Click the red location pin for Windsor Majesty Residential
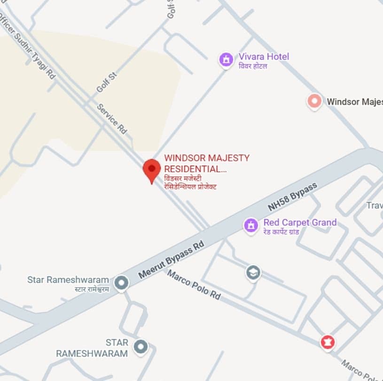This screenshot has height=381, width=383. pos(151,169)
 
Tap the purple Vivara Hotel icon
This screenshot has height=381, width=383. pos(227,60)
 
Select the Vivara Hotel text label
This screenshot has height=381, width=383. pos(264,56)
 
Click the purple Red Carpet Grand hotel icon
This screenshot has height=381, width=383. pos(251,225)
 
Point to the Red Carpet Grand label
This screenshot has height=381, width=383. pos(300,222)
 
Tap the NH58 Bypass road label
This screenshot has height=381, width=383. pos(292,197)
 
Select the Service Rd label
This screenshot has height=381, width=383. pos(112,119)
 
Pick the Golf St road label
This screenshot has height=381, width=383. pos(106,82)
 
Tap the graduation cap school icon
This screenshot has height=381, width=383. pos(253,272)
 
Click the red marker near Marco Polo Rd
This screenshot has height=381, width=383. pos(328,343)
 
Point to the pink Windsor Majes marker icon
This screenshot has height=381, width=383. pos(314,101)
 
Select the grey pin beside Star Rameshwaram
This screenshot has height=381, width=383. pos(122,282)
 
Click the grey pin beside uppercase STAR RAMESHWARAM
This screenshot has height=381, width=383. pos(140,347)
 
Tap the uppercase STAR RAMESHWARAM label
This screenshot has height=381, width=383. pos(92,348)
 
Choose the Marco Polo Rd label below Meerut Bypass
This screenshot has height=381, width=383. pos(194,285)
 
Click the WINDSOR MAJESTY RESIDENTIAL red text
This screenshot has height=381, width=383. pos(206,163)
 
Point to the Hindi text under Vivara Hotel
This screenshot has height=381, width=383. pos(253,66)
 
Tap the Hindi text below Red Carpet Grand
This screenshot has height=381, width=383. pos(281,231)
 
